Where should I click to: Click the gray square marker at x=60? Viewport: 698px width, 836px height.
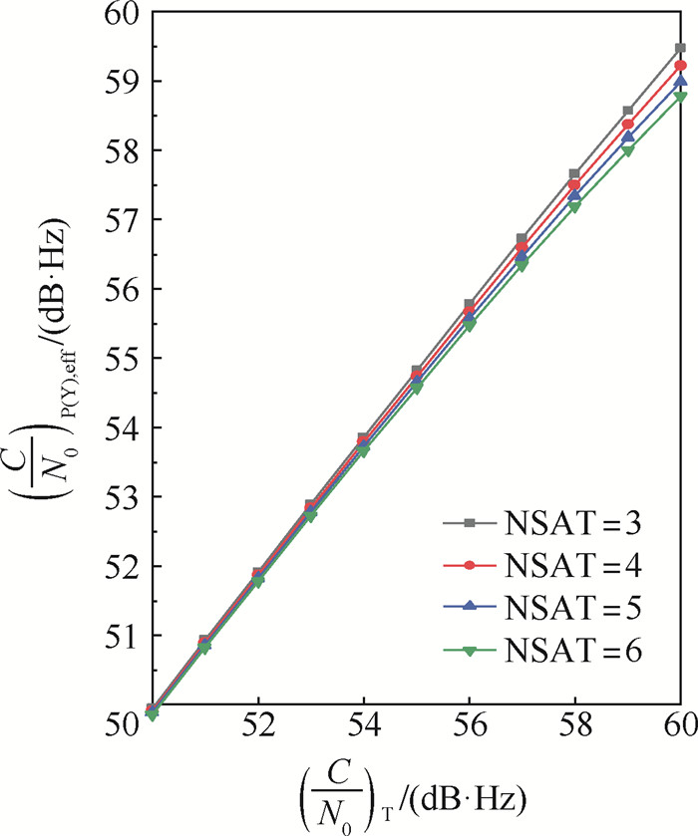pos(681,48)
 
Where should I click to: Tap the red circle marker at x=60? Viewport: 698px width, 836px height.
pos(681,66)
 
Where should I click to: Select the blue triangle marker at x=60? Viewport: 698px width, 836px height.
pos(681,81)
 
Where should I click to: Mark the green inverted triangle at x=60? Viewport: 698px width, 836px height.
pos(681,97)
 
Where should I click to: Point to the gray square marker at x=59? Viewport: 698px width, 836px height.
pos(628,111)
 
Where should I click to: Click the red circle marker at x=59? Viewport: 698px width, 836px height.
pos(628,125)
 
